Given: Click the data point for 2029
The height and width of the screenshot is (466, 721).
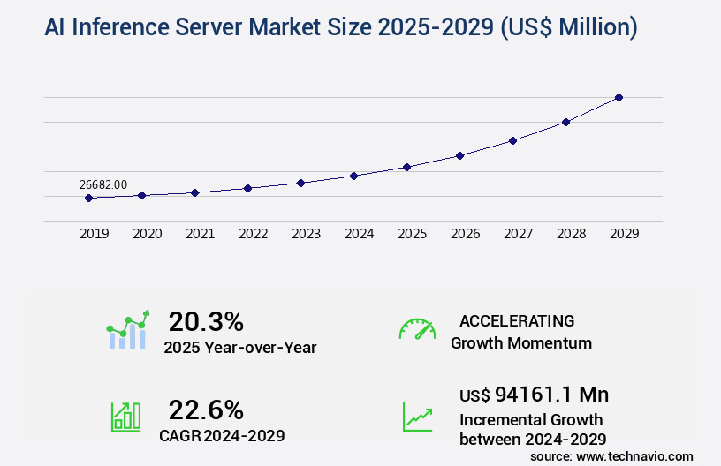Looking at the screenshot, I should pyautogui.click(x=619, y=97).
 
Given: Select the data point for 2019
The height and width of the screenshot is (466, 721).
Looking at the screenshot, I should pyautogui.click(x=88, y=198).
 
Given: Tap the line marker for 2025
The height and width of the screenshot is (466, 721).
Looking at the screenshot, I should pyautogui.click(x=406, y=167).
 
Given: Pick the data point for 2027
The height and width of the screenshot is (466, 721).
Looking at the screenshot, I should pyautogui.click(x=512, y=140).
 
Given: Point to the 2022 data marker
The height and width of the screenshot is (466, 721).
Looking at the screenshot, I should pyautogui.click(x=247, y=188).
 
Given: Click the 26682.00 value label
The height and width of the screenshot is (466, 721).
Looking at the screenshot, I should pyautogui.click(x=102, y=184).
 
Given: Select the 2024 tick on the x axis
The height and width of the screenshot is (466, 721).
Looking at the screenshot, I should pyautogui.click(x=359, y=234).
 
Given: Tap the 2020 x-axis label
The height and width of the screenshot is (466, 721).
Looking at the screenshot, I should pyautogui.click(x=147, y=234).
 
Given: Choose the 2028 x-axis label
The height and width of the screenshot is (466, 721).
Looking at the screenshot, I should pyautogui.click(x=571, y=234).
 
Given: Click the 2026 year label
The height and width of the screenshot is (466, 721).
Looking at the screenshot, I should pyautogui.click(x=465, y=234).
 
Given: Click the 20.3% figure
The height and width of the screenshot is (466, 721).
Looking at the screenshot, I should pyautogui.click(x=206, y=321).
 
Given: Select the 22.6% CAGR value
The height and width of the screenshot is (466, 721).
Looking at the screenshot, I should pyautogui.click(x=206, y=410).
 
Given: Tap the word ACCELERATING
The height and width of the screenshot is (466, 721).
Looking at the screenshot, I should pyautogui.click(x=517, y=320).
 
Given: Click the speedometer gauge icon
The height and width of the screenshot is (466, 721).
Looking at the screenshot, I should pyautogui.click(x=417, y=329).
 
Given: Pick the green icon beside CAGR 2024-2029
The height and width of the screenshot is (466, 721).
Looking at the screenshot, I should pyautogui.click(x=125, y=417).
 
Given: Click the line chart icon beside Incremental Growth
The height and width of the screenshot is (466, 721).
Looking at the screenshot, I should pyautogui.click(x=417, y=417).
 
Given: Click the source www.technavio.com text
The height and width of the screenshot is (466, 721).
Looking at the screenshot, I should pyautogui.click(x=611, y=455).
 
